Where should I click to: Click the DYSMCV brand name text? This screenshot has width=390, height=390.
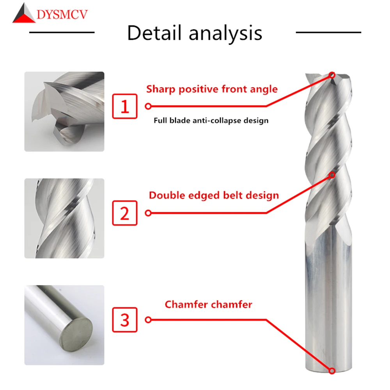click(62, 15)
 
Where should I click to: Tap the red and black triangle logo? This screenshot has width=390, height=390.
click(24, 14)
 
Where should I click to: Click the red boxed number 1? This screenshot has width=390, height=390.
click(125, 106)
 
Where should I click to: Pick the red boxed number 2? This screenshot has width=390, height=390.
click(125, 213)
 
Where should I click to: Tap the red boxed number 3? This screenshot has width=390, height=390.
click(125, 320)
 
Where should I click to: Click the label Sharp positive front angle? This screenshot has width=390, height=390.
click(212, 89)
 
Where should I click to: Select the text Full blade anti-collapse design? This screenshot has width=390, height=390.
click(211, 121)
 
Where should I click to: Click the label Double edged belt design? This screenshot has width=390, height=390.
click(214, 195)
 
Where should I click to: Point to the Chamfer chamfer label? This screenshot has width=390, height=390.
click(208, 304)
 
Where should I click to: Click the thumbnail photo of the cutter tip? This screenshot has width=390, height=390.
click(64, 111)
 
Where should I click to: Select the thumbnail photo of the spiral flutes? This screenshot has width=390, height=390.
click(64, 218)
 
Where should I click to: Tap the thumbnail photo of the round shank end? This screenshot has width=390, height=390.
click(64, 325)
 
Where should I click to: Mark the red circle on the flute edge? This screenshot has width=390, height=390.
click(332, 174)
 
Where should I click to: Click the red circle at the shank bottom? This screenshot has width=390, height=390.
click(332, 370)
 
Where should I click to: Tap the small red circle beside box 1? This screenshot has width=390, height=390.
click(148, 106)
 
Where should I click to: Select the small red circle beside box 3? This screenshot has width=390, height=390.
click(148, 320)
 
